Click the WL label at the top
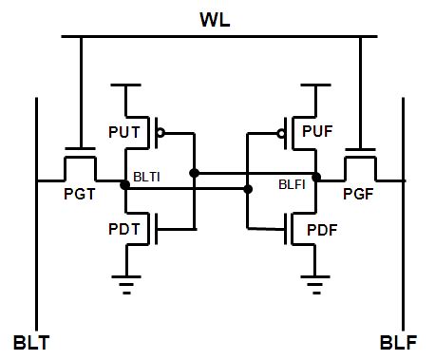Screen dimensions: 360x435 (217, 19)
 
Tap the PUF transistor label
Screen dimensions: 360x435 (317, 131)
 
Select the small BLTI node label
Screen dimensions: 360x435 (147, 178)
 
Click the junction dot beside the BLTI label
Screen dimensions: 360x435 (124, 183)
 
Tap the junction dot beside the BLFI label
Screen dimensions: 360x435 (316, 176)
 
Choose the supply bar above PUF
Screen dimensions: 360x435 (313, 86)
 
